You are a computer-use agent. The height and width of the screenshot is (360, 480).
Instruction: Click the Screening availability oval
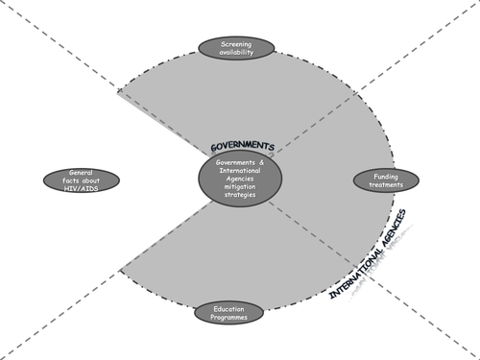coord(236,47)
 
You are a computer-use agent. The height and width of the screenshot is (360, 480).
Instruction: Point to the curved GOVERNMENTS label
coord(243,147)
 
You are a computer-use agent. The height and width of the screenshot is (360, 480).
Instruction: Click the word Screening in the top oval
coord(236,43)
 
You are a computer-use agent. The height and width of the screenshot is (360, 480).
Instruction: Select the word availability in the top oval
coord(236,52)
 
